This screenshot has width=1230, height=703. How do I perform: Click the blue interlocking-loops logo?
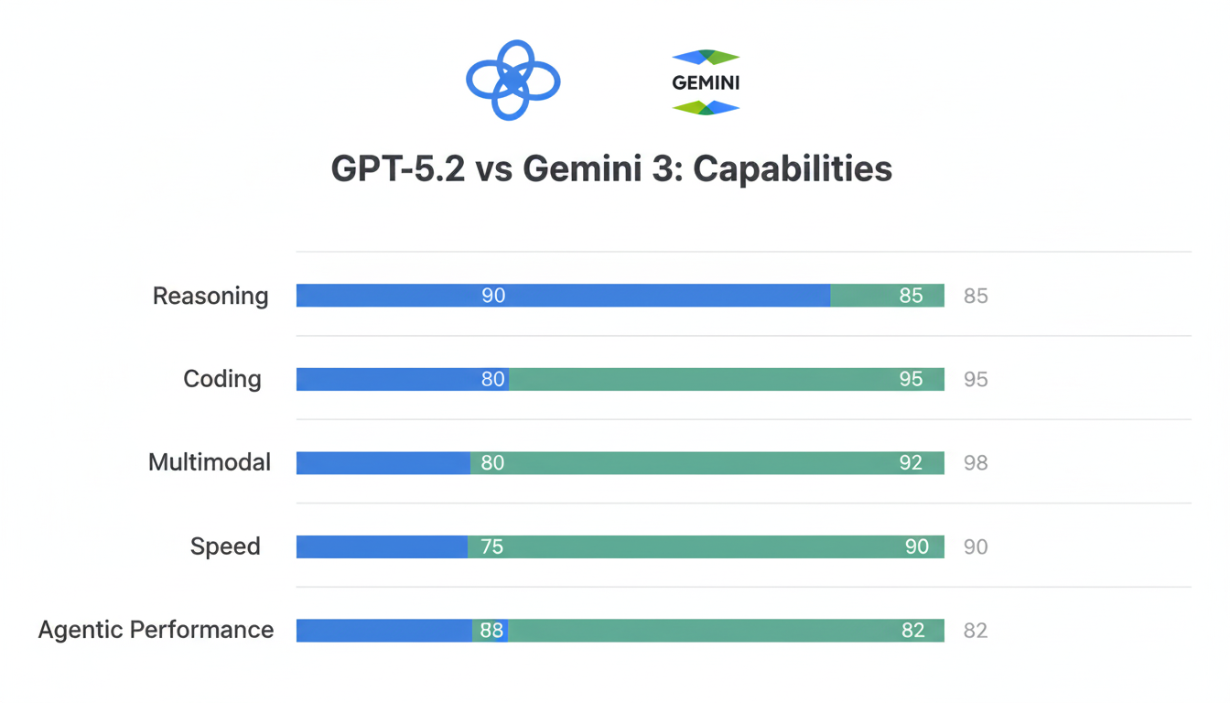512,81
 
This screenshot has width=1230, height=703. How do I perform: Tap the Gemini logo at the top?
706,82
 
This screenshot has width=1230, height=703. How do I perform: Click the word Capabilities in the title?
793,169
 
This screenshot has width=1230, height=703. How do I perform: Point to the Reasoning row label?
210,296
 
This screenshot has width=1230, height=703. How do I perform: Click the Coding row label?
222,379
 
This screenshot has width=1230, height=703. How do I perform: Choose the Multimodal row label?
210,462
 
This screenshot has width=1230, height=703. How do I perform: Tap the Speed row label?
225,546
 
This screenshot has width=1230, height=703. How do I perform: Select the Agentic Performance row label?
156,630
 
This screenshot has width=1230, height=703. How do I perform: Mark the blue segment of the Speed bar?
382,546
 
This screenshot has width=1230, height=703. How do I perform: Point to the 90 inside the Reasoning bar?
493,296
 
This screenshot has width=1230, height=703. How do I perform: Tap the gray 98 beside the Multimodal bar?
976,462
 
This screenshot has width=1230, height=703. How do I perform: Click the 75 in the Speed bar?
492,546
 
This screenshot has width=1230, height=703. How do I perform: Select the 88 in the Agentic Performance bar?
491,630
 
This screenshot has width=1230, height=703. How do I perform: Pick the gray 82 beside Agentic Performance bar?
976,630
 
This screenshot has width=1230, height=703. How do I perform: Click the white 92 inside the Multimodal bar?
911,462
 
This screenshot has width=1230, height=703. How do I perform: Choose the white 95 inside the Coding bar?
911,379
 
